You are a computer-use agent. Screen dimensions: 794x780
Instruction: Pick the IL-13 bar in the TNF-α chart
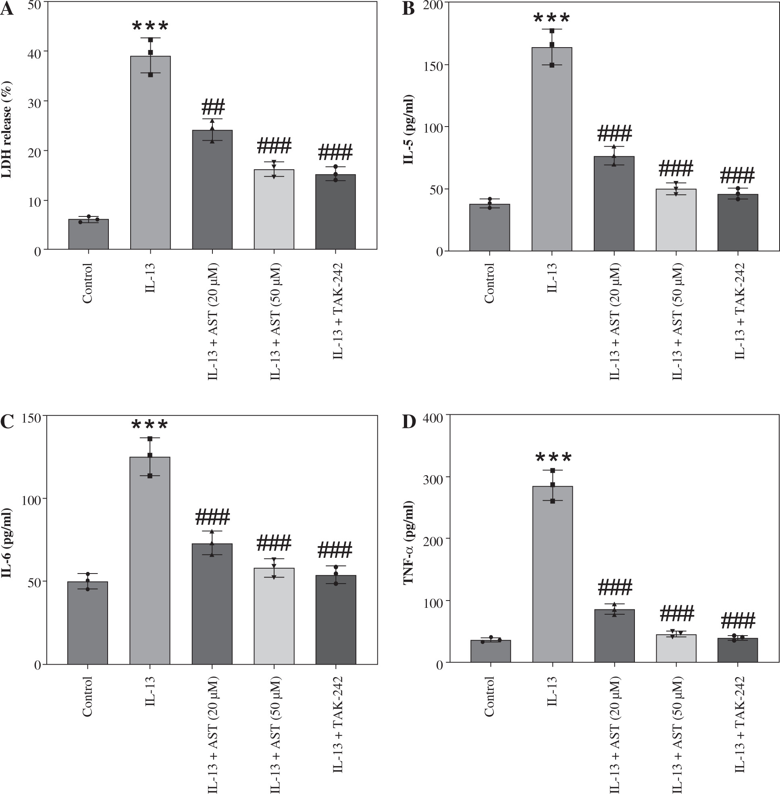point(552,574)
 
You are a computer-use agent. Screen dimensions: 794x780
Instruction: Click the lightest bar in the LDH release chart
point(274,209)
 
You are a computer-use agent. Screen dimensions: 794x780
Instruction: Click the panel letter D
point(409,422)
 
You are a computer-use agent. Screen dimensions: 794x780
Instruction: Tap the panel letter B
point(408,9)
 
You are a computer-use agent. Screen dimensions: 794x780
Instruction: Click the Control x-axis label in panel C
point(87,696)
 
